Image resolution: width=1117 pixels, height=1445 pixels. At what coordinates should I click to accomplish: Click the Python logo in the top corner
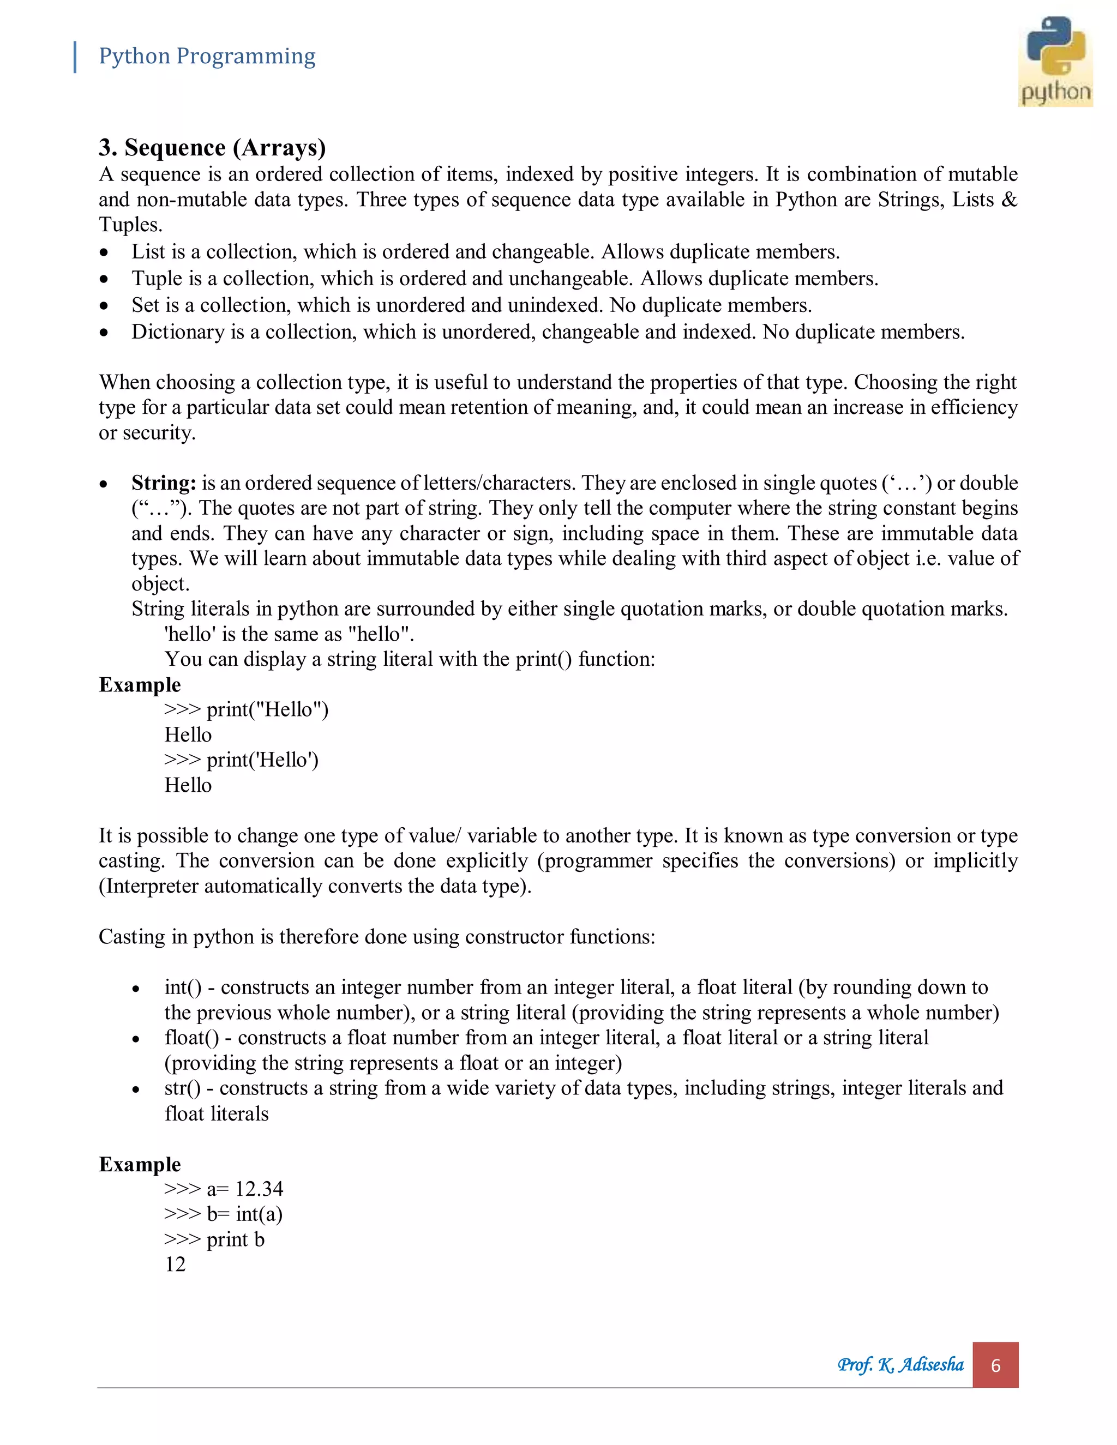coord(1055,61)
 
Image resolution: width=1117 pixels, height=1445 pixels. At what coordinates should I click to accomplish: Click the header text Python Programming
coord(207,56)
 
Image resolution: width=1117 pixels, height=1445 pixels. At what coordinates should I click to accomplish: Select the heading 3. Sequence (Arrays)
coord(212,147)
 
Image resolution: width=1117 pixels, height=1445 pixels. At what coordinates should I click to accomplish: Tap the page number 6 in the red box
coord(995,1365)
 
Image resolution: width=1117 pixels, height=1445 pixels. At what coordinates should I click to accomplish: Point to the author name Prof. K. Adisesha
coord(900,1364)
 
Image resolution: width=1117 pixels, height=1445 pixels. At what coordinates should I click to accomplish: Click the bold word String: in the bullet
coord(164,483)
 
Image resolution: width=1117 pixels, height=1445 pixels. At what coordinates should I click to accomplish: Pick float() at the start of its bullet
coord(192,1038)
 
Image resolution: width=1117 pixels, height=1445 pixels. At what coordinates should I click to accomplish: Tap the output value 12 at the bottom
coord(176,1265)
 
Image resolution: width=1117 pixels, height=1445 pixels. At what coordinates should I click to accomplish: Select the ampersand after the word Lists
coord(1009,200)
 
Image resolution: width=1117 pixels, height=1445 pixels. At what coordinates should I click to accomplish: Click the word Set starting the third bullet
coord(146,305)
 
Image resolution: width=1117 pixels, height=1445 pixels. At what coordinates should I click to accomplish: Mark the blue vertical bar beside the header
coord(75,57)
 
